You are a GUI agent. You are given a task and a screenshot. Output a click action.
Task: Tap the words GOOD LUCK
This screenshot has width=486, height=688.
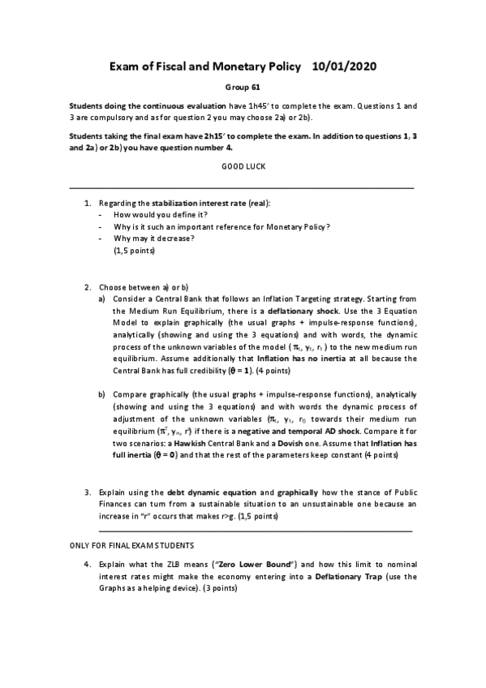pyautogui.click(x=243, y=166)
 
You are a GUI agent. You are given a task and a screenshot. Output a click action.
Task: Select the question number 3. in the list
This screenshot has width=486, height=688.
pyautogui.click(x=87, y=492)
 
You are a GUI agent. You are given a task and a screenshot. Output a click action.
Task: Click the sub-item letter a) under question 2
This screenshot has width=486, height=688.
pyautogui.click(x=101, y=299)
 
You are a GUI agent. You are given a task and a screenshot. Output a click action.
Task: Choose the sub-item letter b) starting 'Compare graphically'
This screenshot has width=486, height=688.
pyautogui.click(x=101, y=394)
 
